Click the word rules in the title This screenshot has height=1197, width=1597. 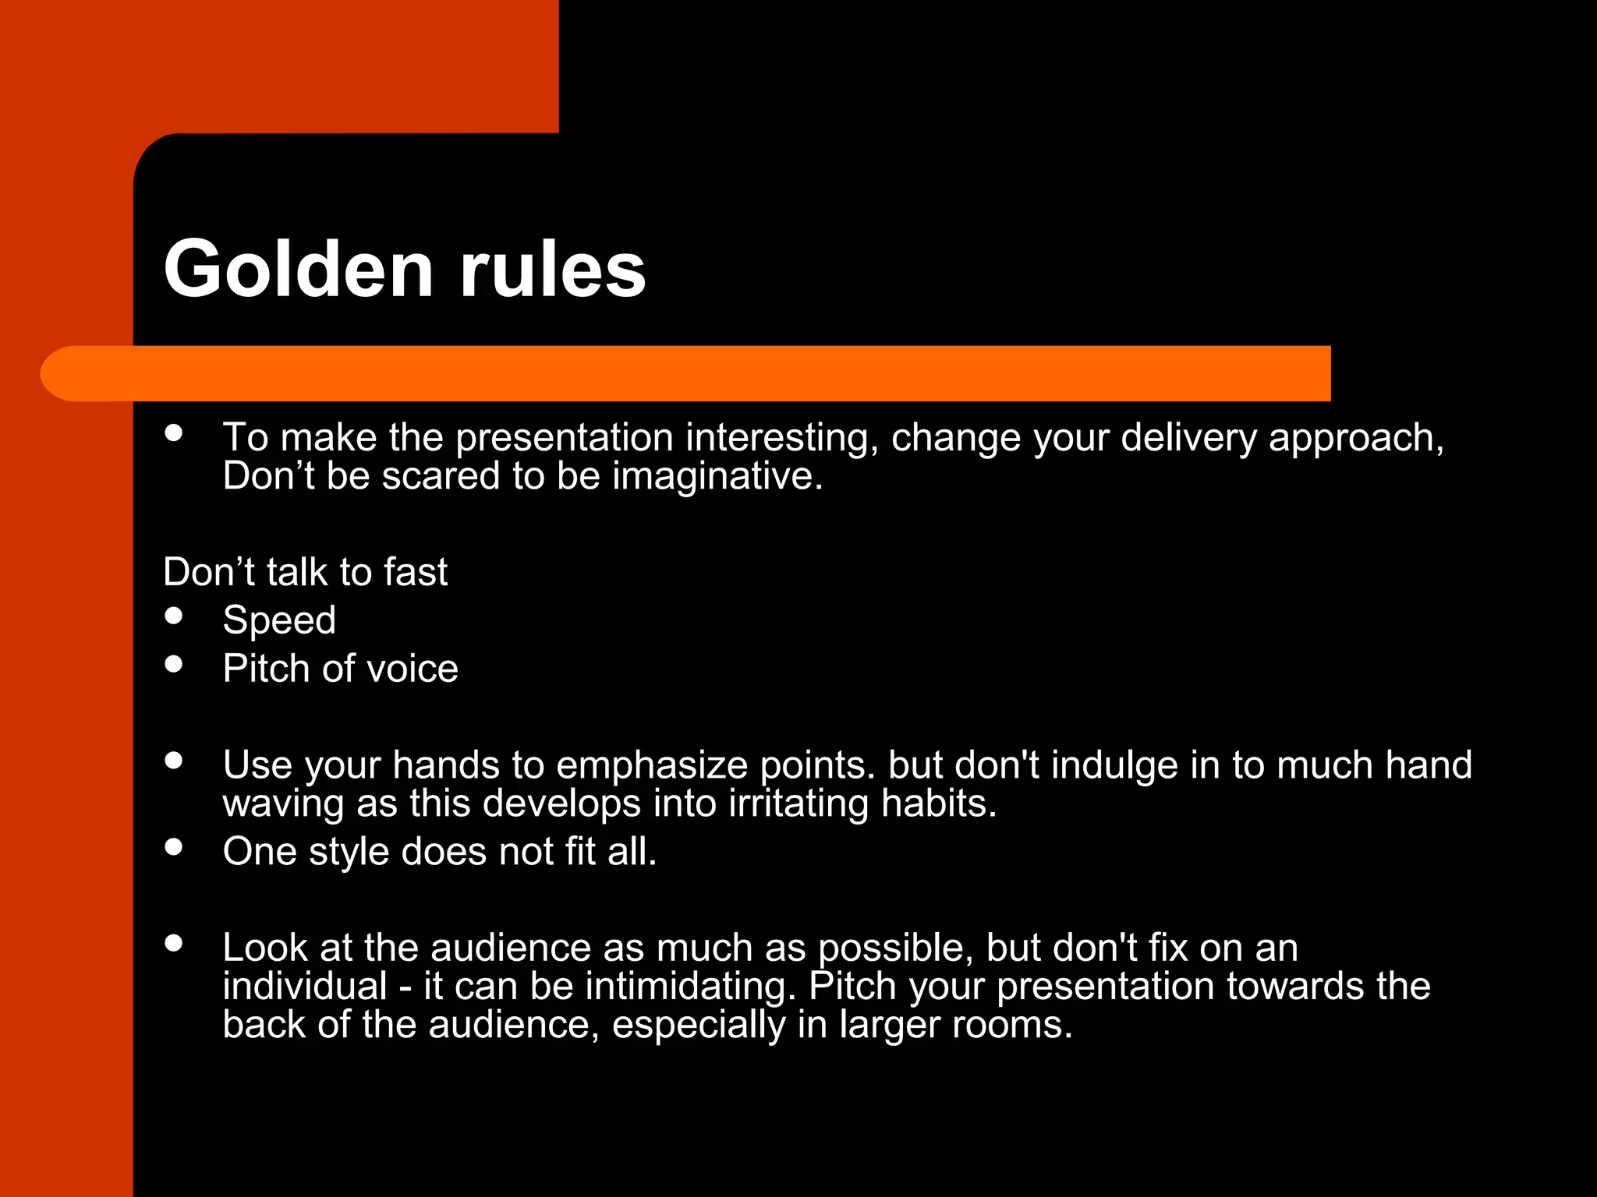[x=552, y=269]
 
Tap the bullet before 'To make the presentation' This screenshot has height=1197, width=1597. [x=174, y=433]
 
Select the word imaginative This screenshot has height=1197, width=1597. [x=717, y=476]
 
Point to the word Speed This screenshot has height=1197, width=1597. [x=279, y=620]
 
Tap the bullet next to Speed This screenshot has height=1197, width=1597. [x=174, y=616]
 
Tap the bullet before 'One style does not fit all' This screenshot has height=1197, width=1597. [x=174, y=847]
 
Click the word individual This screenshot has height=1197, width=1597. [x=305, y=987]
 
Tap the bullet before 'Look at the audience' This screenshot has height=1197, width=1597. [x=174, y=943]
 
